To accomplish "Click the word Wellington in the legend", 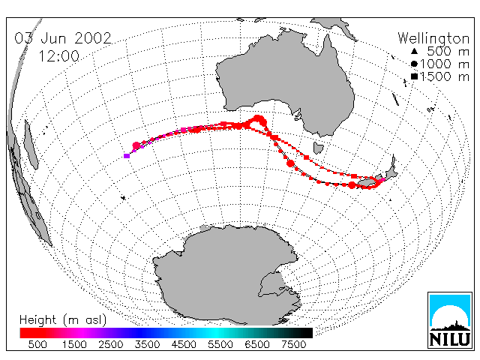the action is (x=433, y=39).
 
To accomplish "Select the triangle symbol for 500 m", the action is (x=414, y=52).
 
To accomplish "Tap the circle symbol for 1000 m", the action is (x=414, y=64).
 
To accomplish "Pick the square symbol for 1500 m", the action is (x=414, y=76).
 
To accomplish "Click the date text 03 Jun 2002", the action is (x=63, y=38).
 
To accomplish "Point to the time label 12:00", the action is (x=58, y=56).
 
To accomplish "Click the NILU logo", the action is (x=450, y=320).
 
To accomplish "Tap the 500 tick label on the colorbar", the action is (x=37, y=344).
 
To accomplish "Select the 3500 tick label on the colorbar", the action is (x=147, y=344).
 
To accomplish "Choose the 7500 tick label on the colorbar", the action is (x=293, y=344).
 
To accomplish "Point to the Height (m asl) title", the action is (x=63, y=320).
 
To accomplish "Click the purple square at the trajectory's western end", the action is (x=127, y=156).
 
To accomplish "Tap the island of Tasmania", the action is (x=318, y=148).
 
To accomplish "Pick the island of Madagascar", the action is (x=31, y=145).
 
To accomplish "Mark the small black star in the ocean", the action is (x=123, y=198).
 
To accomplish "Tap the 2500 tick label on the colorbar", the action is (x=111, y=344).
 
